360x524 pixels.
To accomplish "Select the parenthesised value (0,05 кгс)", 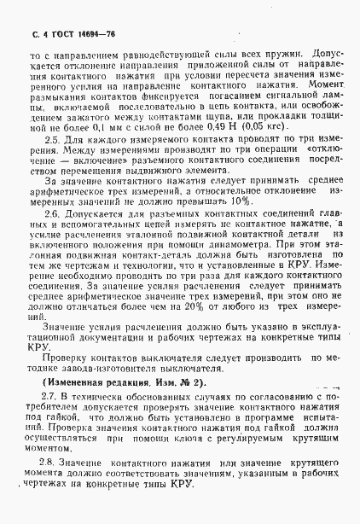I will click(263, 125).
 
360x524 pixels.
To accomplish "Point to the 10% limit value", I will click(241, 201).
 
